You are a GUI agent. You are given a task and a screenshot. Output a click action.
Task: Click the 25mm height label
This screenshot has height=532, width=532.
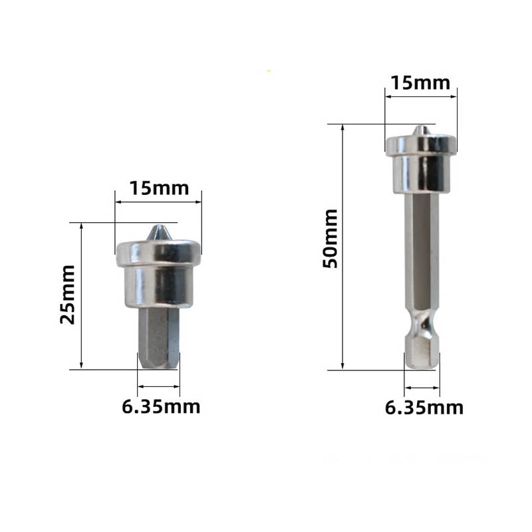(x=68, y=294)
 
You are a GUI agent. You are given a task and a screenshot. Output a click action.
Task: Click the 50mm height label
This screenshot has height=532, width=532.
(x=331, y=238)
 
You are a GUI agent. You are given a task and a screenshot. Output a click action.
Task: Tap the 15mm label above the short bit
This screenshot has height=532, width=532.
(x=159, y=188)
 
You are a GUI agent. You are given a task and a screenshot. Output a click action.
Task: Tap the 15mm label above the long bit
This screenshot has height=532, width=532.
(x=420, y=83)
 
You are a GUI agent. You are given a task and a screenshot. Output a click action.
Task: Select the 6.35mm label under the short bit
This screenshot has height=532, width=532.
(x=161, y=406)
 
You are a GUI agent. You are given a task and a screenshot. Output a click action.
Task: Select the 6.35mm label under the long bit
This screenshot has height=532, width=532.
(x=424, y=407)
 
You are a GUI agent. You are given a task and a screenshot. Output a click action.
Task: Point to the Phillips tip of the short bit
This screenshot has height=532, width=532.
(x=158, y=233)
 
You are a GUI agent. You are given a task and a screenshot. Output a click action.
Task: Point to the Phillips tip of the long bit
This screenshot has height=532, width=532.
(x=420, y=130)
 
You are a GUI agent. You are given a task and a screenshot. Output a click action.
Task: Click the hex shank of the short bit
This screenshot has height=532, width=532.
(x=158, y=339)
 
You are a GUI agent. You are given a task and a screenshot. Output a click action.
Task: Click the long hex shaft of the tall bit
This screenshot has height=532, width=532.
(x=422, y=253)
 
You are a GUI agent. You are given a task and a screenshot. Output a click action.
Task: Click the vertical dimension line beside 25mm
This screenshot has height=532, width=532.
(x=81, y=296)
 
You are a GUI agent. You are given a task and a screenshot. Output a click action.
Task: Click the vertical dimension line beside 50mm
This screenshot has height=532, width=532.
(x=343, y=246)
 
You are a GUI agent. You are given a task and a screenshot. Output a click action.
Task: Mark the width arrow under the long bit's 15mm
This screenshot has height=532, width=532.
(x=422, y=97)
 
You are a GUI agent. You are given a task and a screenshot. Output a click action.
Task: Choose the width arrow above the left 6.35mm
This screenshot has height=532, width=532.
(x=158, y=386)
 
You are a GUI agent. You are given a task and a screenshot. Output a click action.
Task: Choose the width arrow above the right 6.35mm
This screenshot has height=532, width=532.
(x=422, y=386)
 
